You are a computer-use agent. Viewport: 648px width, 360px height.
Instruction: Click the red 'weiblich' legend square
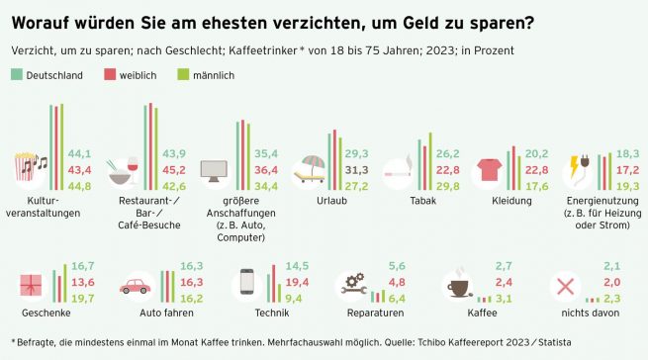click(x=110, y=75)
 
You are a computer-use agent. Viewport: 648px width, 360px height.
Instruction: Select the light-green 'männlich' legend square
click(x=183, y=75)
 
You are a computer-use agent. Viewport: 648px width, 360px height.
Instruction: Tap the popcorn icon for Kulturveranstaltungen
click(x=25, y=166)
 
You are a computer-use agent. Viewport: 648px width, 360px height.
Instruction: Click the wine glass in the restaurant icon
click(x=134, y=170)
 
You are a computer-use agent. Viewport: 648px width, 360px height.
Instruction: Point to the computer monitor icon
click(x=214, y=171)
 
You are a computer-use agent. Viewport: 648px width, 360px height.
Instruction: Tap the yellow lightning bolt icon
click(x=574, y=166)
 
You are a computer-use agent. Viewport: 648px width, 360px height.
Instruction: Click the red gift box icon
click(x=31, y=285)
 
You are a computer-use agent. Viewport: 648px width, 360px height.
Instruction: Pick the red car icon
click(x=136, y=286)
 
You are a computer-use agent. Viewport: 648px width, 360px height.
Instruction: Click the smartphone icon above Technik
click(x=247, y=282)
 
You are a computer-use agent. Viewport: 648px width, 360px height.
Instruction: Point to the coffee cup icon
click(x=459, y=287)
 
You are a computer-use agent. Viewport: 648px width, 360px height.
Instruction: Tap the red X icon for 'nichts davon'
click(x=565, y=287)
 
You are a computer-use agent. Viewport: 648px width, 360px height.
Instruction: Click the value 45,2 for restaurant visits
click(x=174, y=170)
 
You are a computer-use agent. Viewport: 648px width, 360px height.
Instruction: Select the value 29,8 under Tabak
click(x=447, y=186)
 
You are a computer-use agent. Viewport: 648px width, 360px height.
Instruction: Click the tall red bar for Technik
click(x=274, y=284)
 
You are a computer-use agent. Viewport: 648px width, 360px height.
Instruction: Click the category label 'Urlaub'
click(x=331, y=201)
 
